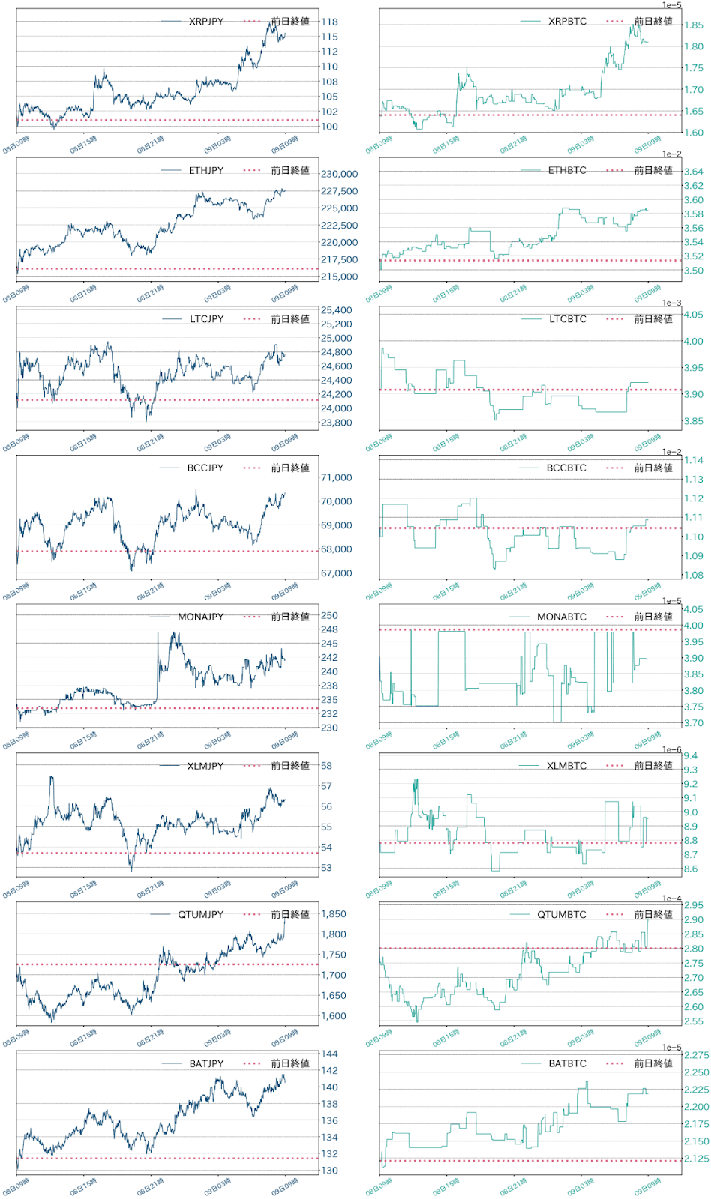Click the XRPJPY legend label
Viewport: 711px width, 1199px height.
[206, 22]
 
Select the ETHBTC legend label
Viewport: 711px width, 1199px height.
[567, 170]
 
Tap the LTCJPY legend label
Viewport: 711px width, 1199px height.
[206, 319]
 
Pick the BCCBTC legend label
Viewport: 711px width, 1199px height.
[566, 468]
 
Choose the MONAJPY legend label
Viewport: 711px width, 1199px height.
[200, 617]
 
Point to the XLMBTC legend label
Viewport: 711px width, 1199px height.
[566, 766]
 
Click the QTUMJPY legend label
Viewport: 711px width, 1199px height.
[200, 914]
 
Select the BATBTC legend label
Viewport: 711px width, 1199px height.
[567, 1063]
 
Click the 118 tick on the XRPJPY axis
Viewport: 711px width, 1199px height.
[329, 22]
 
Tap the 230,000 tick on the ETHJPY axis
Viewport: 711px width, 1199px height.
[339, 174]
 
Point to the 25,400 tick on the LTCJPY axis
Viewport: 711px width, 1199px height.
[336, 310]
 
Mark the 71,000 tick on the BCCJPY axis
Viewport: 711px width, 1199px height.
[336, 477]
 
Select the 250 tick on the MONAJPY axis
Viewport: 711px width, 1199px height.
[329, 615]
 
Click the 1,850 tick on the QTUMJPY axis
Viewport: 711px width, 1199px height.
[334, 914]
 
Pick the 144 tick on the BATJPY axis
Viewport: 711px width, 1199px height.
[329, 1054]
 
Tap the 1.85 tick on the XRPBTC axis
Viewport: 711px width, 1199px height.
[694, 25]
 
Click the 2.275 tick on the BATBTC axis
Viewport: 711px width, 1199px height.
[696, 1055]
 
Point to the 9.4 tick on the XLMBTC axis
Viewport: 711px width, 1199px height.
[690, 755]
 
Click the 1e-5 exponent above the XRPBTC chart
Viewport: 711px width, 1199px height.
[671, 5]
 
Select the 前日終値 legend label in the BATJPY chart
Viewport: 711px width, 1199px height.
[290, 1063]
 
